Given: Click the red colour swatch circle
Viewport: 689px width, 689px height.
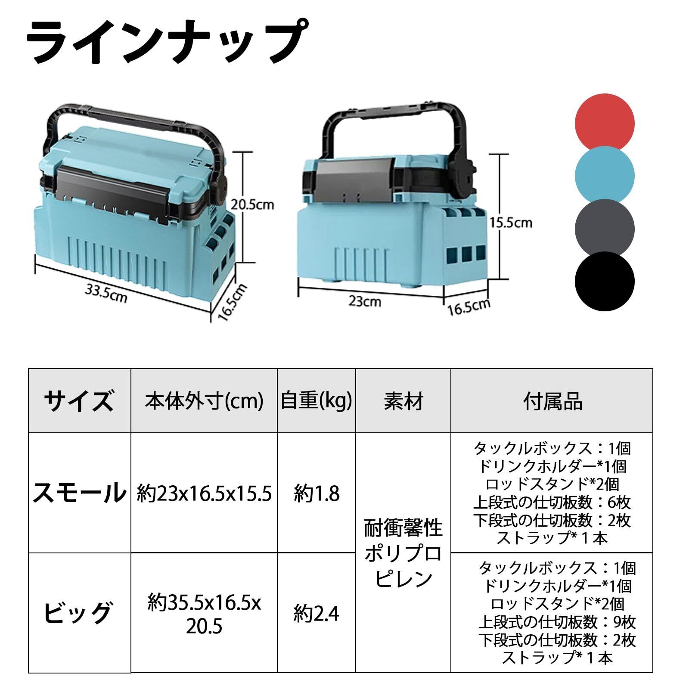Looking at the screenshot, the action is [x=604, y=123].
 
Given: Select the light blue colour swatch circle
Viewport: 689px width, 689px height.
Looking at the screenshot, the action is [x=604, y=175].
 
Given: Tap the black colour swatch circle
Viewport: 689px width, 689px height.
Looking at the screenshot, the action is [x=604, y=281].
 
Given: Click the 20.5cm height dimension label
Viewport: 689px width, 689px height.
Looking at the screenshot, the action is [x=252, y=204].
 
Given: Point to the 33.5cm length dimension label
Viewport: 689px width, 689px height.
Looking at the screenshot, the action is [x=106, y=293].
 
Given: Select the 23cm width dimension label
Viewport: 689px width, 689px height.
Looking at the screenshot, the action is [x=365, y=301].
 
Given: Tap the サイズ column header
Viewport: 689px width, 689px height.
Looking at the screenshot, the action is [x=79, y=401].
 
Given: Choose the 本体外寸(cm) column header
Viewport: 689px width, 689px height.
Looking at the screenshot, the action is [x=204, y=401].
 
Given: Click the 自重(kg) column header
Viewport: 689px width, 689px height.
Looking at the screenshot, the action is [x=317, y=401].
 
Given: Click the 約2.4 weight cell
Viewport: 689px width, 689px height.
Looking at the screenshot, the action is [x=317, y=614].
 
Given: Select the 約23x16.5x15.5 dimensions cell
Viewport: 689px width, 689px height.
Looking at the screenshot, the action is [x=204, y=493].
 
